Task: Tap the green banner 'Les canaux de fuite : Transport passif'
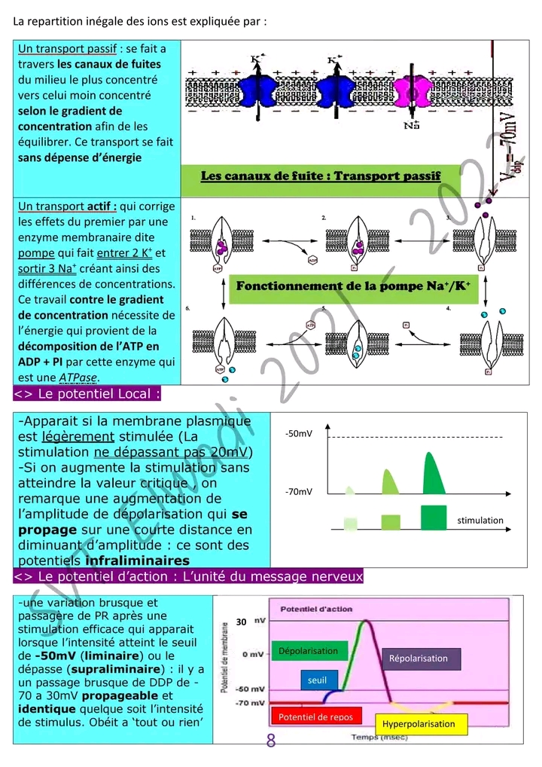pyautogui.click(x=321, y=176)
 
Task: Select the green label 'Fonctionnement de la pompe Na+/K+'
pyautogui.click(x=353, y=286)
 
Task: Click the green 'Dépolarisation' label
pyautogui.click(x=308, y=651)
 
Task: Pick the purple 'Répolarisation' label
pyautogui.click(x=418, y=659)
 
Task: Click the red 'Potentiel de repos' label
pyautogui.click(x=315, y=717)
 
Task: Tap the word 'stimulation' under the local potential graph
pyautogui.click(x=480, y=520)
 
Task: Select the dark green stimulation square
pyautogui.click(x=434, y=518)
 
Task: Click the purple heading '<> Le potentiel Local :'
pyautogui.click(x=87, y=393)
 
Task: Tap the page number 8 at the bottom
pyautogui.click(x=271, y=741)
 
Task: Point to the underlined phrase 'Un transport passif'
pyautogui.click(x=67, y=49)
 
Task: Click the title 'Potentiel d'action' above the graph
pyautogui.click(x=311, y=609)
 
